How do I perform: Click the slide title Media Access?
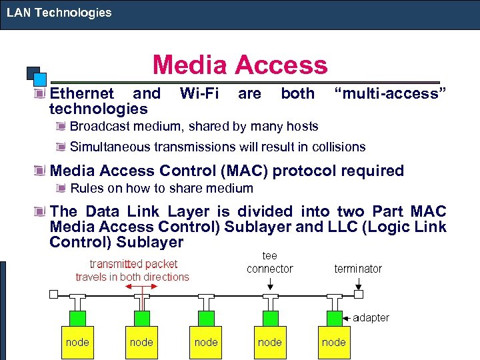[240, 65]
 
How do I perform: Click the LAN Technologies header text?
[59, 13]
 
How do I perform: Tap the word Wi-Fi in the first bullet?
[199, 94]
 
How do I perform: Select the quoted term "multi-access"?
[389, 94]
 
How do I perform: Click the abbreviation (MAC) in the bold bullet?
[238, 171]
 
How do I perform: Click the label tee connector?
[269, 262]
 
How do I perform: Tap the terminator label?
[358, 269]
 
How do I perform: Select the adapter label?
[371, 317]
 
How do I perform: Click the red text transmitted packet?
[133, 264]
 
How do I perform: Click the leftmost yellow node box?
[77, 342]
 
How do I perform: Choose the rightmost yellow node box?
[334, 342]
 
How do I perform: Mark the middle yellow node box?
[206, 342]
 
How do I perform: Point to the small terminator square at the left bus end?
[54, 293]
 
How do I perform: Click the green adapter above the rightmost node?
[334, 317]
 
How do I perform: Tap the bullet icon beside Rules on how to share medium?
[61, 189]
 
